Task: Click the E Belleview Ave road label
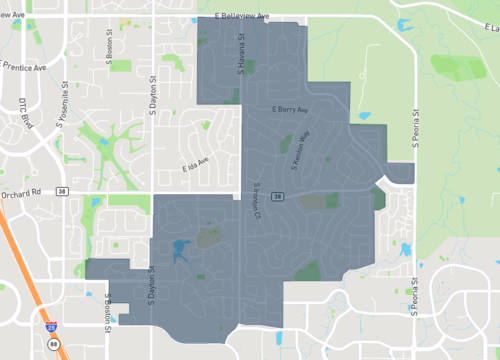coord(242,17)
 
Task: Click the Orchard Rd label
coord(19,193)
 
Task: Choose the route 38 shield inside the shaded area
coord(277,196)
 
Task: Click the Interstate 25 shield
coord(52,325)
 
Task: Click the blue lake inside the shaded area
coord(181,250)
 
